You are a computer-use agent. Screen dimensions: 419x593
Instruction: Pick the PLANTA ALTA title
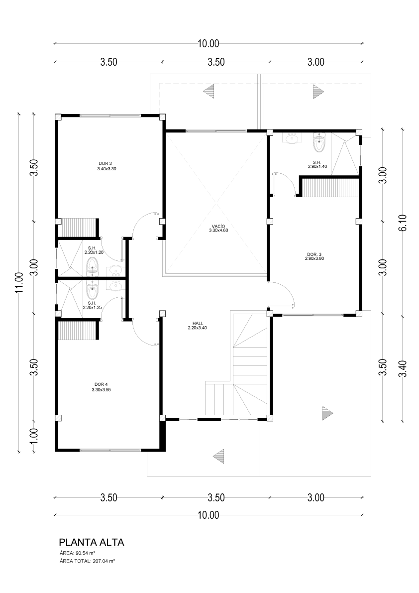(92, 542)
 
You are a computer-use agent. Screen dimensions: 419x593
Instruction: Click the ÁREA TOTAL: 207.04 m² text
(87, 561)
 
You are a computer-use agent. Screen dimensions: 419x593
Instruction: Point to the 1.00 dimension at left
(34, 435)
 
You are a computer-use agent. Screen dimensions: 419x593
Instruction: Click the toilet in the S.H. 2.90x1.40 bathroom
(319, 142)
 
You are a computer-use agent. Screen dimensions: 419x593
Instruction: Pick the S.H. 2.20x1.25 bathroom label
(92, 306)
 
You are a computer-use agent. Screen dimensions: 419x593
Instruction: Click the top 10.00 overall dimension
(209, 43)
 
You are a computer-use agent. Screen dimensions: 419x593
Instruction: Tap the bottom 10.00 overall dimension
(209, 515)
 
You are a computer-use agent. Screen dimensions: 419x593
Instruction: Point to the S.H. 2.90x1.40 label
(316, 164)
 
